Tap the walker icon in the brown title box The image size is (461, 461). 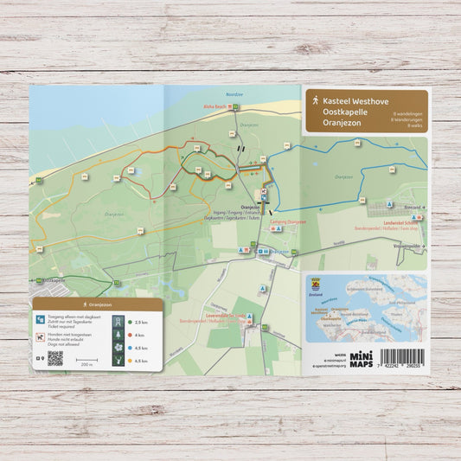(314, 101)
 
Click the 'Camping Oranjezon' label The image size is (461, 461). (289, 221)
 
